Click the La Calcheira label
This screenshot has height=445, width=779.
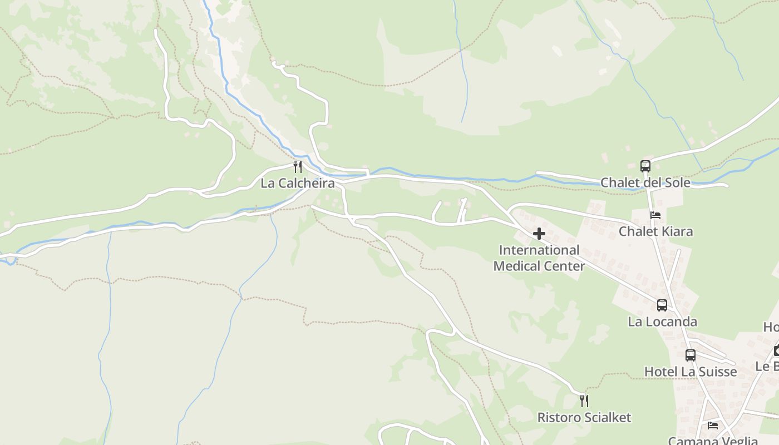(x=298, y=183)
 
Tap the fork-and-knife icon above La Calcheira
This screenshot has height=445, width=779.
(x=298, y=166)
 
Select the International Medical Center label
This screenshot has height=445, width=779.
(x=539, y=258)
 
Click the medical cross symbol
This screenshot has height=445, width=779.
(x=539, y=234)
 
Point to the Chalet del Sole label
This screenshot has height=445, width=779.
(x=645, y=182)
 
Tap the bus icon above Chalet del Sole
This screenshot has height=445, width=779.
(x=645, y=166)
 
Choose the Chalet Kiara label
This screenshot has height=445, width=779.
(x=656, y=231)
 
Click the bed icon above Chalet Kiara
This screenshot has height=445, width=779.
(x=655, y=215)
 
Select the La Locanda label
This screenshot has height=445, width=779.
(x=662, y=322)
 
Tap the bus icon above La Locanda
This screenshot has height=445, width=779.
(x=662, y=305)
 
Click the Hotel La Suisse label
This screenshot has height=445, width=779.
(x=691, y=372)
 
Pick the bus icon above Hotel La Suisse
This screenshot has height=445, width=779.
(x=691, y=355)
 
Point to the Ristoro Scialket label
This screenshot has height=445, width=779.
(x=584, y=417)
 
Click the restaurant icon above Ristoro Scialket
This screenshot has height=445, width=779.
(x=584, y=400)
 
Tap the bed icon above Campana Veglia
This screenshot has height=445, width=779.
(x=713, y=426)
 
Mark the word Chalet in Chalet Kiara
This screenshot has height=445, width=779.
(x=638, y=231)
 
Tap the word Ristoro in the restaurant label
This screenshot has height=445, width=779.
(x=559, y=417)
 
